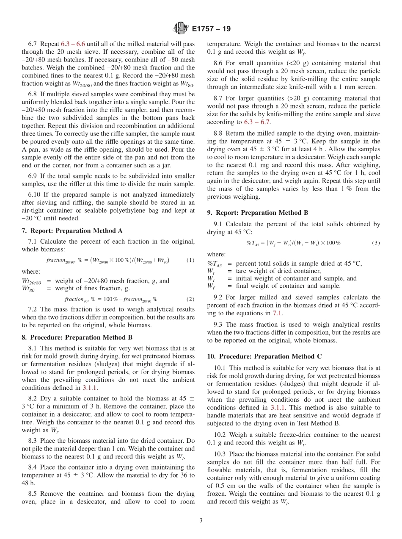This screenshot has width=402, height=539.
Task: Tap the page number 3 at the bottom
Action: tap(201, 521)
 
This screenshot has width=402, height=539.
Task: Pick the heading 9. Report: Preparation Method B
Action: tap(258, 213)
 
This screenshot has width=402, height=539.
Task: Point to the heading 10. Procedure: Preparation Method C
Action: tap(263, 356)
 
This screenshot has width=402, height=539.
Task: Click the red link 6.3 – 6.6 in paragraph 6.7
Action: tap(73, 44)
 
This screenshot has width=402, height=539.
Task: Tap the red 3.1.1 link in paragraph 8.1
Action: tap(90, 387)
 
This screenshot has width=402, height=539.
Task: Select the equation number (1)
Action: tap(190, 260)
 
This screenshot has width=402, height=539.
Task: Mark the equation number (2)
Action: tap(190, 299)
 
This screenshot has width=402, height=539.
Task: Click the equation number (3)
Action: tap(376, 243)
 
